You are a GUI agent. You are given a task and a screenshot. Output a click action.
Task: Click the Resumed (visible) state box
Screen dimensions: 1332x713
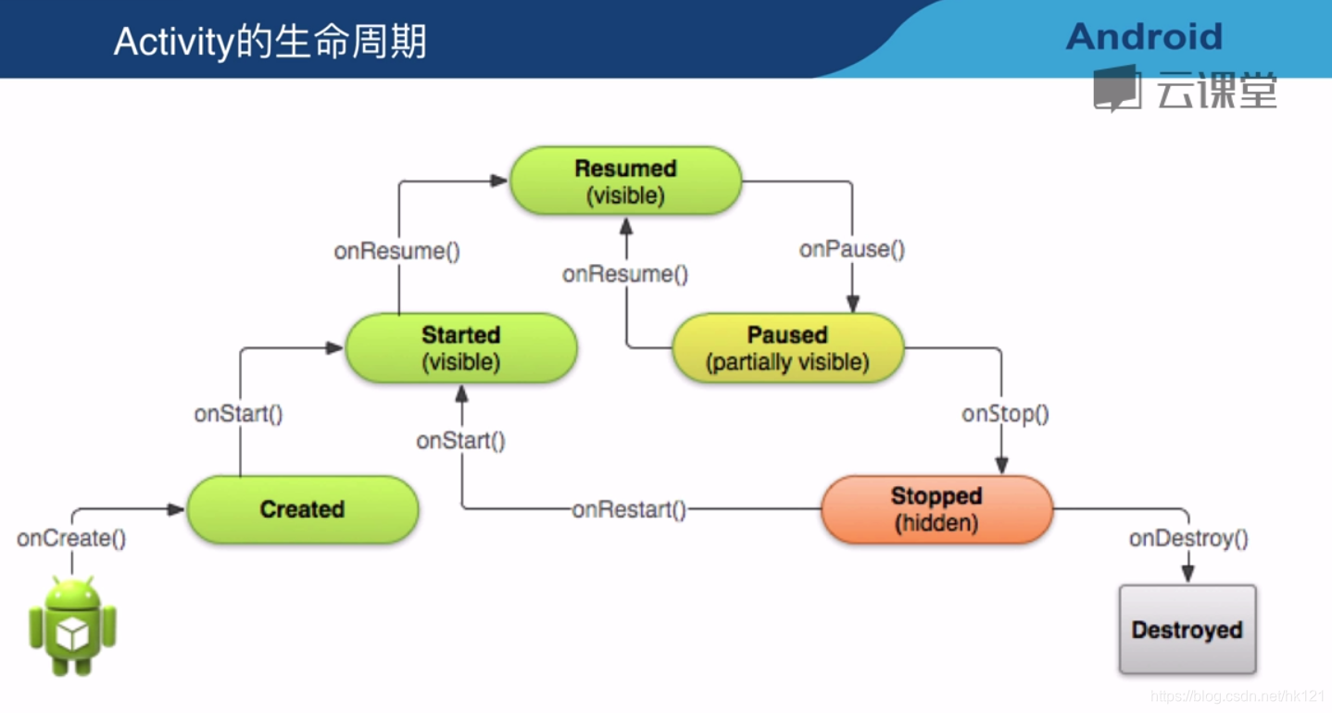pyautogui.click(x=626, y=181)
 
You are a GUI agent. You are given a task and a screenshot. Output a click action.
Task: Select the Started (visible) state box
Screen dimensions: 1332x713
pyautogui.click(x=461, y=348)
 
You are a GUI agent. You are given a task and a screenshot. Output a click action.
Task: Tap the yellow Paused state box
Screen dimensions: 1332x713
pyautogui.click(x=788, y=348)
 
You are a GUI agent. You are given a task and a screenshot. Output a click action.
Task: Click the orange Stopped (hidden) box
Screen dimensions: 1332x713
pyautogui.click(x=937, y=509)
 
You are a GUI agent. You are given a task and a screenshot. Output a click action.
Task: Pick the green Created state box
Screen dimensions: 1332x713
pyautogui.click(x=303, y=509)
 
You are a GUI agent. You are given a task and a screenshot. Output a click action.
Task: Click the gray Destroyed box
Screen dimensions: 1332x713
pyautogui.click(x=1187, y=629)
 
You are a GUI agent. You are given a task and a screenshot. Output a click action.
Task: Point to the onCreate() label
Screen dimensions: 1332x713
pyautogui.click(x=71, y=538)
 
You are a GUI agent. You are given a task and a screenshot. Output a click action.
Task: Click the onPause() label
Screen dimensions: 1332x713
pyautogui.click(x=852, y=249)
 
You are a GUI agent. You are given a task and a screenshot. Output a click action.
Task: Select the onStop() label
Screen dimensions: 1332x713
pyautogui.click(x=1006, y=414)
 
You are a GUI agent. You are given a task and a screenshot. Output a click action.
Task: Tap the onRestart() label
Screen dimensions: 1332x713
pyautogui.click(x=629, y=509)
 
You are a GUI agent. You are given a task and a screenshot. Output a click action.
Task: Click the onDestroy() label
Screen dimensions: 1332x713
pyautogui.click(x=1188, y=538)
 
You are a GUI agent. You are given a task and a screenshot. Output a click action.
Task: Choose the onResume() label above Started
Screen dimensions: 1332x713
pyautogui.click(x=397, y=251)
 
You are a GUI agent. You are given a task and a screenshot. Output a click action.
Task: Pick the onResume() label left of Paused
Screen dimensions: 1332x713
pyautogui.click(x=625, y=274)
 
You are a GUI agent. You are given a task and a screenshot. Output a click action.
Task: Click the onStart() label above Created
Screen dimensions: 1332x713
pyautogui.click(x=238, y=414)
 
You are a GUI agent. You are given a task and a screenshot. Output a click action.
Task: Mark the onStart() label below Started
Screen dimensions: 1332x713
pyautogui.click(x=461, y=442)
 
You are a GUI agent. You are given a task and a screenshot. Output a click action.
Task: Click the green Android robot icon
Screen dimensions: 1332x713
pyautogui.click(x=72, y=626)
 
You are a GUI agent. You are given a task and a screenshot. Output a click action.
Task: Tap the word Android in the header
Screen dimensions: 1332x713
pyautogui.click(x=1145, y=37)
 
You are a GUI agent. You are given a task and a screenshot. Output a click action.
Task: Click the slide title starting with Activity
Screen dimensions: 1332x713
pyautogui.click(x=270, y=42)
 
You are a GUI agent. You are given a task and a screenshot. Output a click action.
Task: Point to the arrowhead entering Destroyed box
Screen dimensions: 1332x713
pyautogui.click(x=1188, y=574)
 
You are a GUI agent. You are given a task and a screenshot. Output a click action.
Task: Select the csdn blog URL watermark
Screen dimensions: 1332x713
pyautogui.click(x=1239, y=696)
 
